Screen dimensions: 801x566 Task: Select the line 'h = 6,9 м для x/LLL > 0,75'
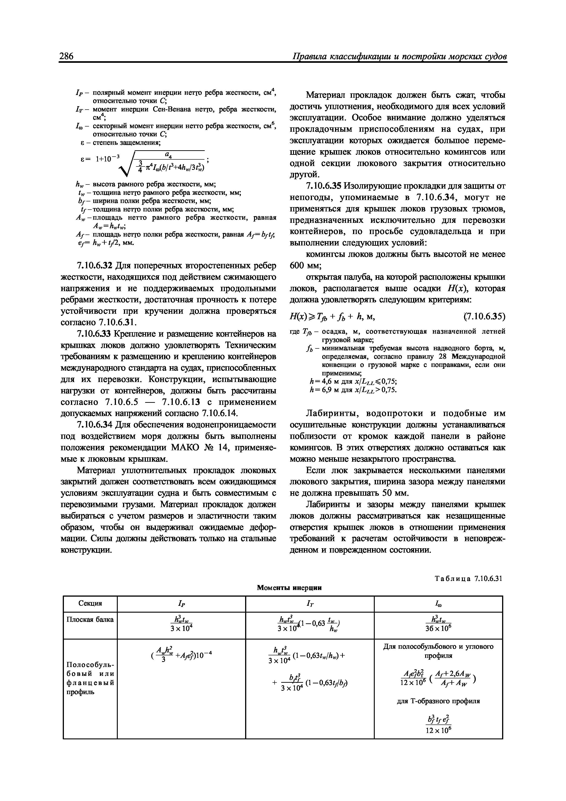click(353, 390)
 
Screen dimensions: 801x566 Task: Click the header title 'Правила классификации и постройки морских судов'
click(399, 57)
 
